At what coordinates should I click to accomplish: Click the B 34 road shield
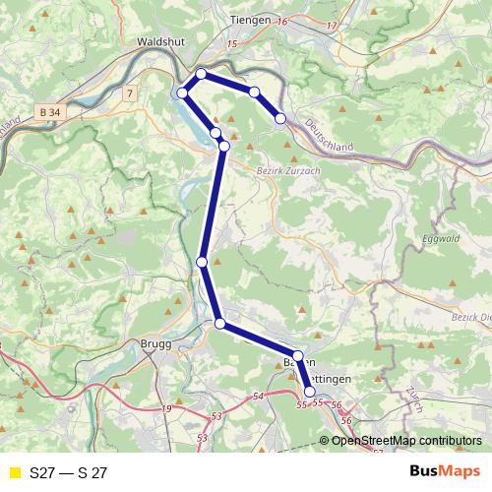[x=52, y=114]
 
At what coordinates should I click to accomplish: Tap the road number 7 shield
[x=129, y=92]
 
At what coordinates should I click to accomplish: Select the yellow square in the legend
[x=14, y=472]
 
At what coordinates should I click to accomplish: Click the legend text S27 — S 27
[x=68, y=472]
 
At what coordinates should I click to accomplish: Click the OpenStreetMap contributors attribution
[x=406, y=440]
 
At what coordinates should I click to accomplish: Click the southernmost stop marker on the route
[x=310, y=392]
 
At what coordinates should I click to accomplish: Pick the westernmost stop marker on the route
[x=182, y=92]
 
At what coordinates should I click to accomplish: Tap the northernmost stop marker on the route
[x=202, y=74]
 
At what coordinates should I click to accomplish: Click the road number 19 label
[x=166, y=408]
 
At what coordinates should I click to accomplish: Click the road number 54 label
[x=259, y=396]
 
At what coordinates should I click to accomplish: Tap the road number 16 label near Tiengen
[x=282, y=21]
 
